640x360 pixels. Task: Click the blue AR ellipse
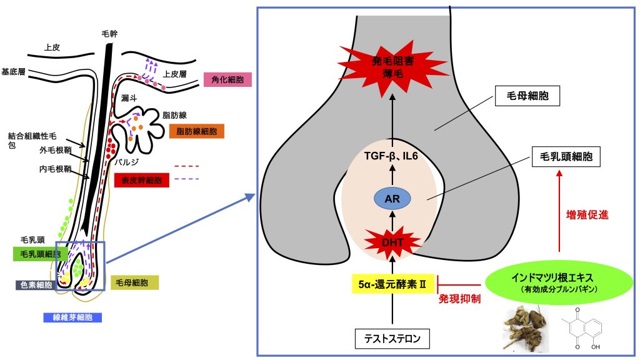point(392,199)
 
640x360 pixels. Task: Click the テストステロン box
point(392,339)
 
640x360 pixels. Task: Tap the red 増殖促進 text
point(582,214)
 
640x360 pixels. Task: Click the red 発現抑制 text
point(459,299)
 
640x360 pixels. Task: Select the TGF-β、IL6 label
point(392,156)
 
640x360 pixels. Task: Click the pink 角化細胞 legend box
point(227,80)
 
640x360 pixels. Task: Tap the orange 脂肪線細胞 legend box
point(196,131)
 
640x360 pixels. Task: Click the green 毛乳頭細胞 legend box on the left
point(41,254)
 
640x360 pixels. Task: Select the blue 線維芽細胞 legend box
point(72,317)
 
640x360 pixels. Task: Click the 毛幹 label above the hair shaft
point(109,33)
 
